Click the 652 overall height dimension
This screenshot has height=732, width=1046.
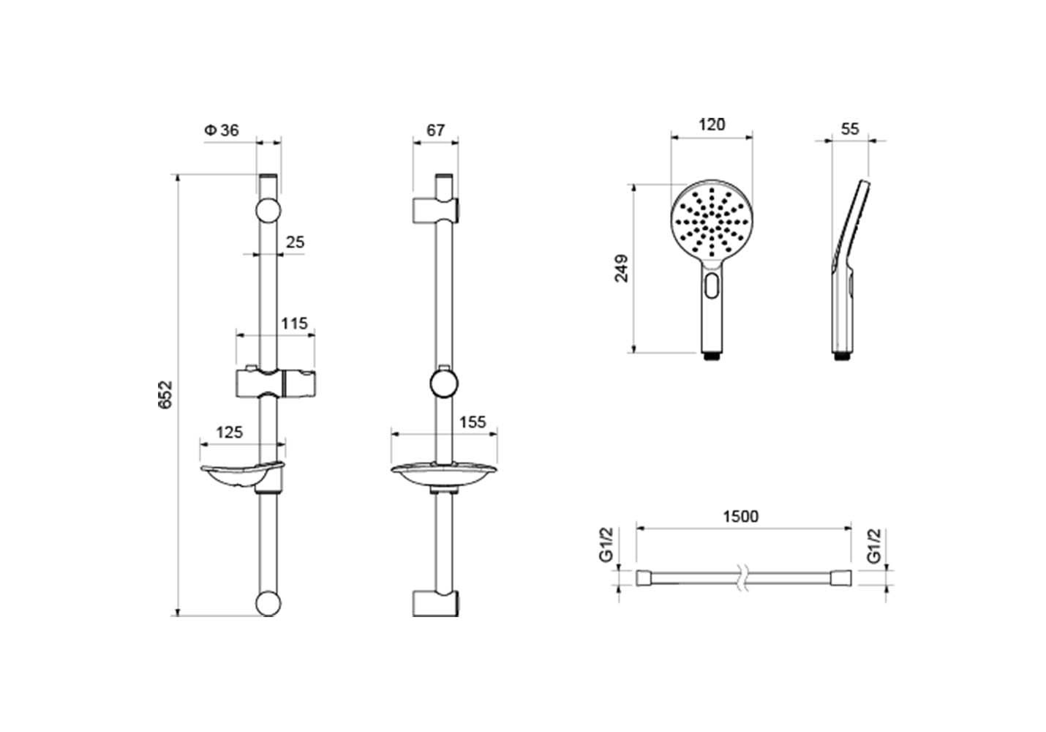click(x=165, y=395)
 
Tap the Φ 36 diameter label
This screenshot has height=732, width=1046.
click(x=222, y=130)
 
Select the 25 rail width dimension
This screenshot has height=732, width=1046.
click(x=295, y=242)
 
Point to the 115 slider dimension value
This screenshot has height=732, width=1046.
click(x=295, y=323)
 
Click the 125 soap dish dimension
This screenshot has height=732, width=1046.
click(x=229, y=433)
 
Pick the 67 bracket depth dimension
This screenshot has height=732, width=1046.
click(x=436, y=130)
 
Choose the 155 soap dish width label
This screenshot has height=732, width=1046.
click(x=473, y=422)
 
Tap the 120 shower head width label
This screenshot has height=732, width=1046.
click(x=712, y=124)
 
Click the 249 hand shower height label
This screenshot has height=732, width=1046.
click(x=622, y=269)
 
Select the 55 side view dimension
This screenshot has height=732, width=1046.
click(x=850, y=129)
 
